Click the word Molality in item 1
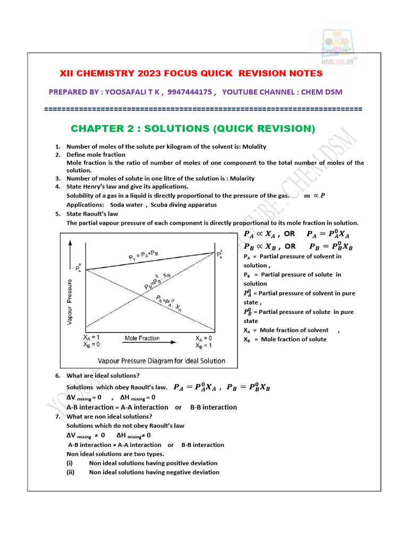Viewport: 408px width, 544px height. (254, 147)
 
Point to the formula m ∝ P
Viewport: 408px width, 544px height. (314, 195)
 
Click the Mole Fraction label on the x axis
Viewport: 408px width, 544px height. (142, 338)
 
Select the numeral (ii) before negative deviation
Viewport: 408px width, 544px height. (71, 472)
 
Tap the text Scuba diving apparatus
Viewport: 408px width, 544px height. (184, 205)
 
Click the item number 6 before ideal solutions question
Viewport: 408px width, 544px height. (58, 376)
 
